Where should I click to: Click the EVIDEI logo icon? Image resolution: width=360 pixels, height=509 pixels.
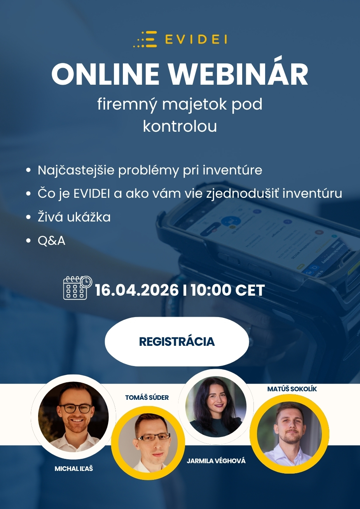(145, 40)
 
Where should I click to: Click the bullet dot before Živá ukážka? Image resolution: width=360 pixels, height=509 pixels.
(28, 217)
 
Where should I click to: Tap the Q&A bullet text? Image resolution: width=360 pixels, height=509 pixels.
(51, 241)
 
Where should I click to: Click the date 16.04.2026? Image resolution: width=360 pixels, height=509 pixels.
(136, 290)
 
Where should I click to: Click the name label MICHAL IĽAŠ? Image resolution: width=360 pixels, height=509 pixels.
(74, 469)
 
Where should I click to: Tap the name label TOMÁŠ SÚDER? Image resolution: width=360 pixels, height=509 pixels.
(147, 397)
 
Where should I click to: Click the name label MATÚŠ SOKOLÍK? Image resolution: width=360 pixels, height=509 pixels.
(292, 389)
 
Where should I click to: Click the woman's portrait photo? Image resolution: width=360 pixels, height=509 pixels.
(216, 407)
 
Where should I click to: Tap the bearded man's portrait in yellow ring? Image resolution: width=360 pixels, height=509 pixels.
(290, 434)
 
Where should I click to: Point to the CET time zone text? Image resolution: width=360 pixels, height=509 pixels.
(250, 290)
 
